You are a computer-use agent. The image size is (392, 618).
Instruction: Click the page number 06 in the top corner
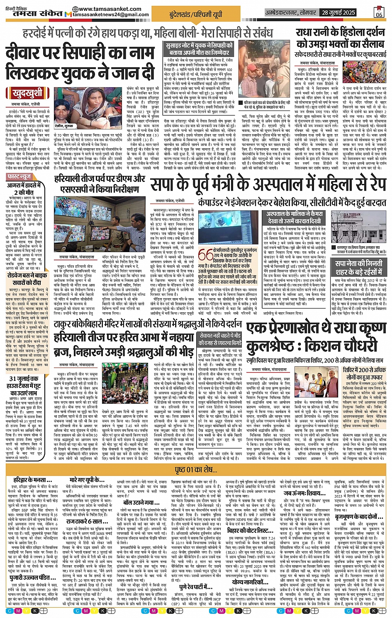[379, 12]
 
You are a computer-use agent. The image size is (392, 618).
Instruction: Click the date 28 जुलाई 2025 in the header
[338, 13]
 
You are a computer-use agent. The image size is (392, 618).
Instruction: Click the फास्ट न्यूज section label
[19, 177]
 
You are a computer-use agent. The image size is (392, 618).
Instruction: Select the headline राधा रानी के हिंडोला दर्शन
[341, 33]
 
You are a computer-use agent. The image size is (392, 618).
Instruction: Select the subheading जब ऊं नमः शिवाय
[304, 493]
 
